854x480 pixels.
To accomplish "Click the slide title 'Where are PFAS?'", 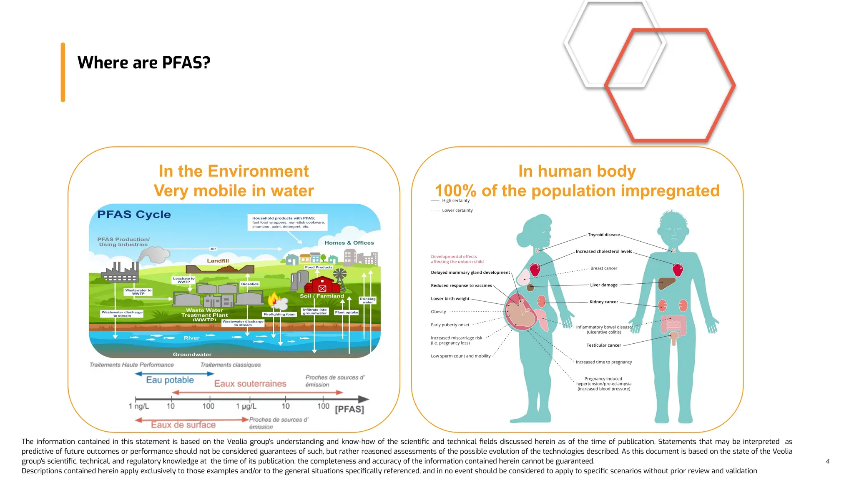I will coord(144,63).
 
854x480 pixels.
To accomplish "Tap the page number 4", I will coord(827,461).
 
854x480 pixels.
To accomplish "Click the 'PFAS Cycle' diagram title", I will coord(134,215).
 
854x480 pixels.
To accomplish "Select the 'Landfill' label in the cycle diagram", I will coord(218,261).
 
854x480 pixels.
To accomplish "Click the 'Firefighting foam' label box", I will coord(279,314).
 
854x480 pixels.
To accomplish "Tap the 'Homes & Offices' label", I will coord(349,243).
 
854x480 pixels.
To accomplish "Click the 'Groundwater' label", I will coord(192,355).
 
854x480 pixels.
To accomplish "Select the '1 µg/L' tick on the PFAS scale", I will coord(246,406).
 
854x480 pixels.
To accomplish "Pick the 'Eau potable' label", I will coord(170,380).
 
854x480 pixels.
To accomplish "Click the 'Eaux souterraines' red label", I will coord(250,384).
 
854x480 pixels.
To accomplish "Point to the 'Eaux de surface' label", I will coord(183,425).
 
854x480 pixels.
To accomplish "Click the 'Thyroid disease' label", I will coord(603,235).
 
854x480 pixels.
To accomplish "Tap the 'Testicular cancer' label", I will coord(603,345).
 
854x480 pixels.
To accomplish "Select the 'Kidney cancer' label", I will coord(603,302).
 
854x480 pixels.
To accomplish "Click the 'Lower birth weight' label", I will coord(450,299).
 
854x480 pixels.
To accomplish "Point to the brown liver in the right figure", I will coord(666,283).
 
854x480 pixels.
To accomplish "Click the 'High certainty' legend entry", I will coord(455,201).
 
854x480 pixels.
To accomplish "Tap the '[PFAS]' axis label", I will coord(349,409).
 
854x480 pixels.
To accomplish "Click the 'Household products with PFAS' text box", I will coord(288,222).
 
